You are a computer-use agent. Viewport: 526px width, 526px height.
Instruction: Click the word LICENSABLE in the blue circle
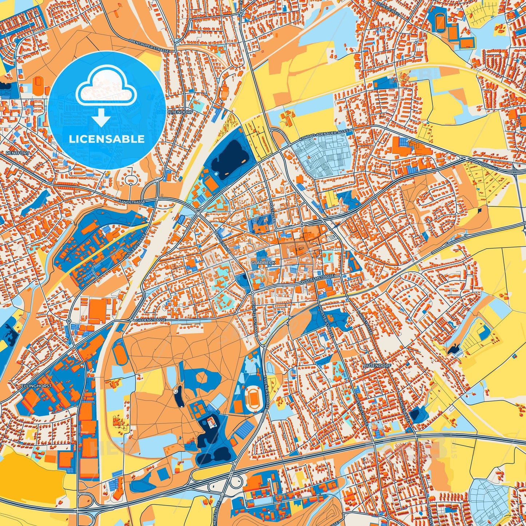pos(107,139)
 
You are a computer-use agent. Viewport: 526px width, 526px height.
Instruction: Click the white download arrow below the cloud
pos(101,118)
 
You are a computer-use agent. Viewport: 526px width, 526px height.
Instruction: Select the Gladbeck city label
pos(261,262)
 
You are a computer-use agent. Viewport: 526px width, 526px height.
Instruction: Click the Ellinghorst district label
pos(36,386)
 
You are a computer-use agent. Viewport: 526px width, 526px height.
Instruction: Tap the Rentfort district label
pos(17,153)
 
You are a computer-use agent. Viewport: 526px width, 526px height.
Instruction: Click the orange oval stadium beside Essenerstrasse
pos(252,395)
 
